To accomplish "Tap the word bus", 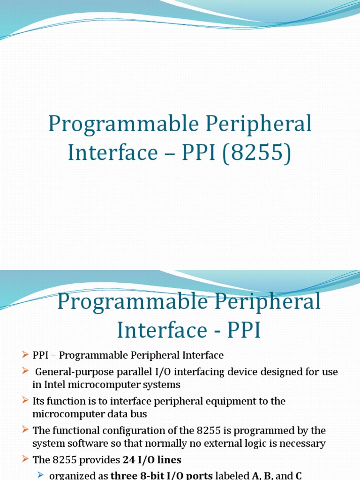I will (x=140, y=414).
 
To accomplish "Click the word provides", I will (x=96, y=460).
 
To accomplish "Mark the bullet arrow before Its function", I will (x=25, y=401).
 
